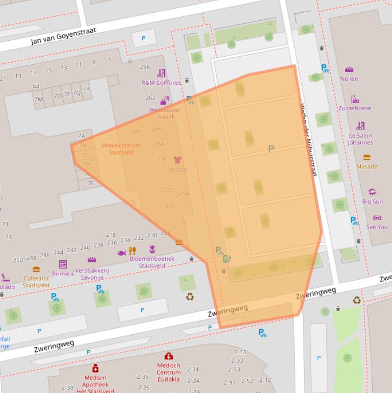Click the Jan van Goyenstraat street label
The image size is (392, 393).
(63, 35)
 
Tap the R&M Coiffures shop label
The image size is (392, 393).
(161, 83)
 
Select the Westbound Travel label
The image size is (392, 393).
(165, 113)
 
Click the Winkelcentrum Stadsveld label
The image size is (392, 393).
(121, 149)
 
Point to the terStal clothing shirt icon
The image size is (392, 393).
(177, 160)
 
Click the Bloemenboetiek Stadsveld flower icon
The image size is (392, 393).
(152, 250)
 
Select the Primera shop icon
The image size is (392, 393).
(63, 264)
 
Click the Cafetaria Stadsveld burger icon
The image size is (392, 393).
(36, 269)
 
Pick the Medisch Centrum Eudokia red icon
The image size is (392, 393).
(168, 356)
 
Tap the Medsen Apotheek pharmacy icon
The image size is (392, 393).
(95, 369)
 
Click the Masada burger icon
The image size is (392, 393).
(367, 157)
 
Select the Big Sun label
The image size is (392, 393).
(373, 202)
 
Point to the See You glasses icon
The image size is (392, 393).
(377, 217)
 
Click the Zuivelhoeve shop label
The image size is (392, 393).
(355, 108)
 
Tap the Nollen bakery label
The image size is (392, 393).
(349, 79)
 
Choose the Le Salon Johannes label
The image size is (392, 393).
(360, 139)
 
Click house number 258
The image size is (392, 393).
(145, 67)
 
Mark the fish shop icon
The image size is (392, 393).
(121, 253)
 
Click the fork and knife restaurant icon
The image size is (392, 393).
(133, 250)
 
